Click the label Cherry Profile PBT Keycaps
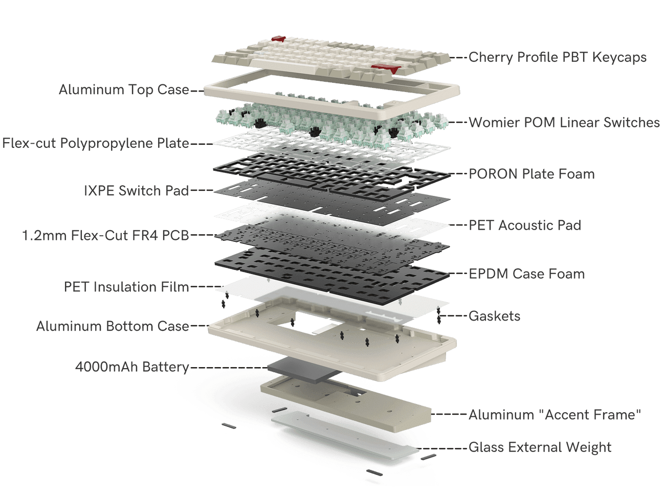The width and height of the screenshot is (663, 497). coord(557,57)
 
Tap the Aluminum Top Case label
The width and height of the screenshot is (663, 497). coord(124,89)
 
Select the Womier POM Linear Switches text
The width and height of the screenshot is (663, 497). coord(564,123)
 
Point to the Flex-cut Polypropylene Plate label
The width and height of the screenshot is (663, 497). coord(96,143)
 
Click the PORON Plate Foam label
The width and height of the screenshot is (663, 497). coord(532,174)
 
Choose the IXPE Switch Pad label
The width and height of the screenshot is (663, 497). coord(137,191)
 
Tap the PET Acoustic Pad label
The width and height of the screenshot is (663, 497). coord(525,225)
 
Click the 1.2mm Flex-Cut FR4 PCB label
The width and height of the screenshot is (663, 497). coord(106,235)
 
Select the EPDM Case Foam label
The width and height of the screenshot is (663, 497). coord(526,274)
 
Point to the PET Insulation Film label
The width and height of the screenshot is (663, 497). coord(126,287)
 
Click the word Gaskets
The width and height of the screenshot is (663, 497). coord(495,316)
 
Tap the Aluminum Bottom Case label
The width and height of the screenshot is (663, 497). coord(113,326)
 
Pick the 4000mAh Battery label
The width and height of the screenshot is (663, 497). coord(132,367)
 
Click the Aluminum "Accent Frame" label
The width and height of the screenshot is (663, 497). coord(555,415)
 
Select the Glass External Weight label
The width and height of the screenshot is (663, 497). coord(540,447)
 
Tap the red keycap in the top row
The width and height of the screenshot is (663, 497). coord(278,39)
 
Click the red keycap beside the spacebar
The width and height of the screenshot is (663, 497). coord(386,68)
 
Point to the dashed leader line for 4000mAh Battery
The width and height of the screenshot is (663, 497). coord(229,368)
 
